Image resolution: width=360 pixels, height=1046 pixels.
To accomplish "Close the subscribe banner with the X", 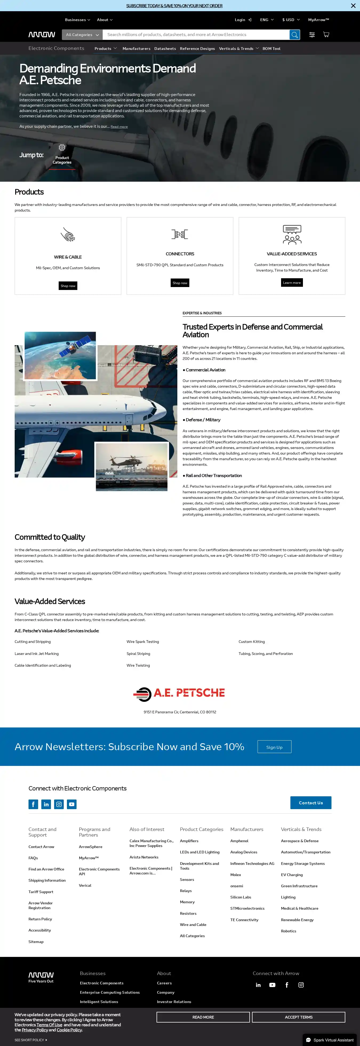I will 353,6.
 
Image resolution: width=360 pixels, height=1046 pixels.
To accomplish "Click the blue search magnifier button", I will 295,35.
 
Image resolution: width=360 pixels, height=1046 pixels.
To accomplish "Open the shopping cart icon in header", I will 326,34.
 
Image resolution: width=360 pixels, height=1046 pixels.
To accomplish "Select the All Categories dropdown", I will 82,35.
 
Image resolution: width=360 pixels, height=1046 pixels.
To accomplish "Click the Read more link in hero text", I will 119,127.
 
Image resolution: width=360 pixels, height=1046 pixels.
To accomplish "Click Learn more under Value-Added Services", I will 292,283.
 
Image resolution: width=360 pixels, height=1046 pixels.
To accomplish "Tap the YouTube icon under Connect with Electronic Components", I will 72,804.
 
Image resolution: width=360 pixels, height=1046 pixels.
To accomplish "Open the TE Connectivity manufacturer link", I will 244,920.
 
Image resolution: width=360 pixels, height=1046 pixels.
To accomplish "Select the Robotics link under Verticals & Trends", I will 289,931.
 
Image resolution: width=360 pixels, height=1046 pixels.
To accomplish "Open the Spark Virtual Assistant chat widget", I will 330,1040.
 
